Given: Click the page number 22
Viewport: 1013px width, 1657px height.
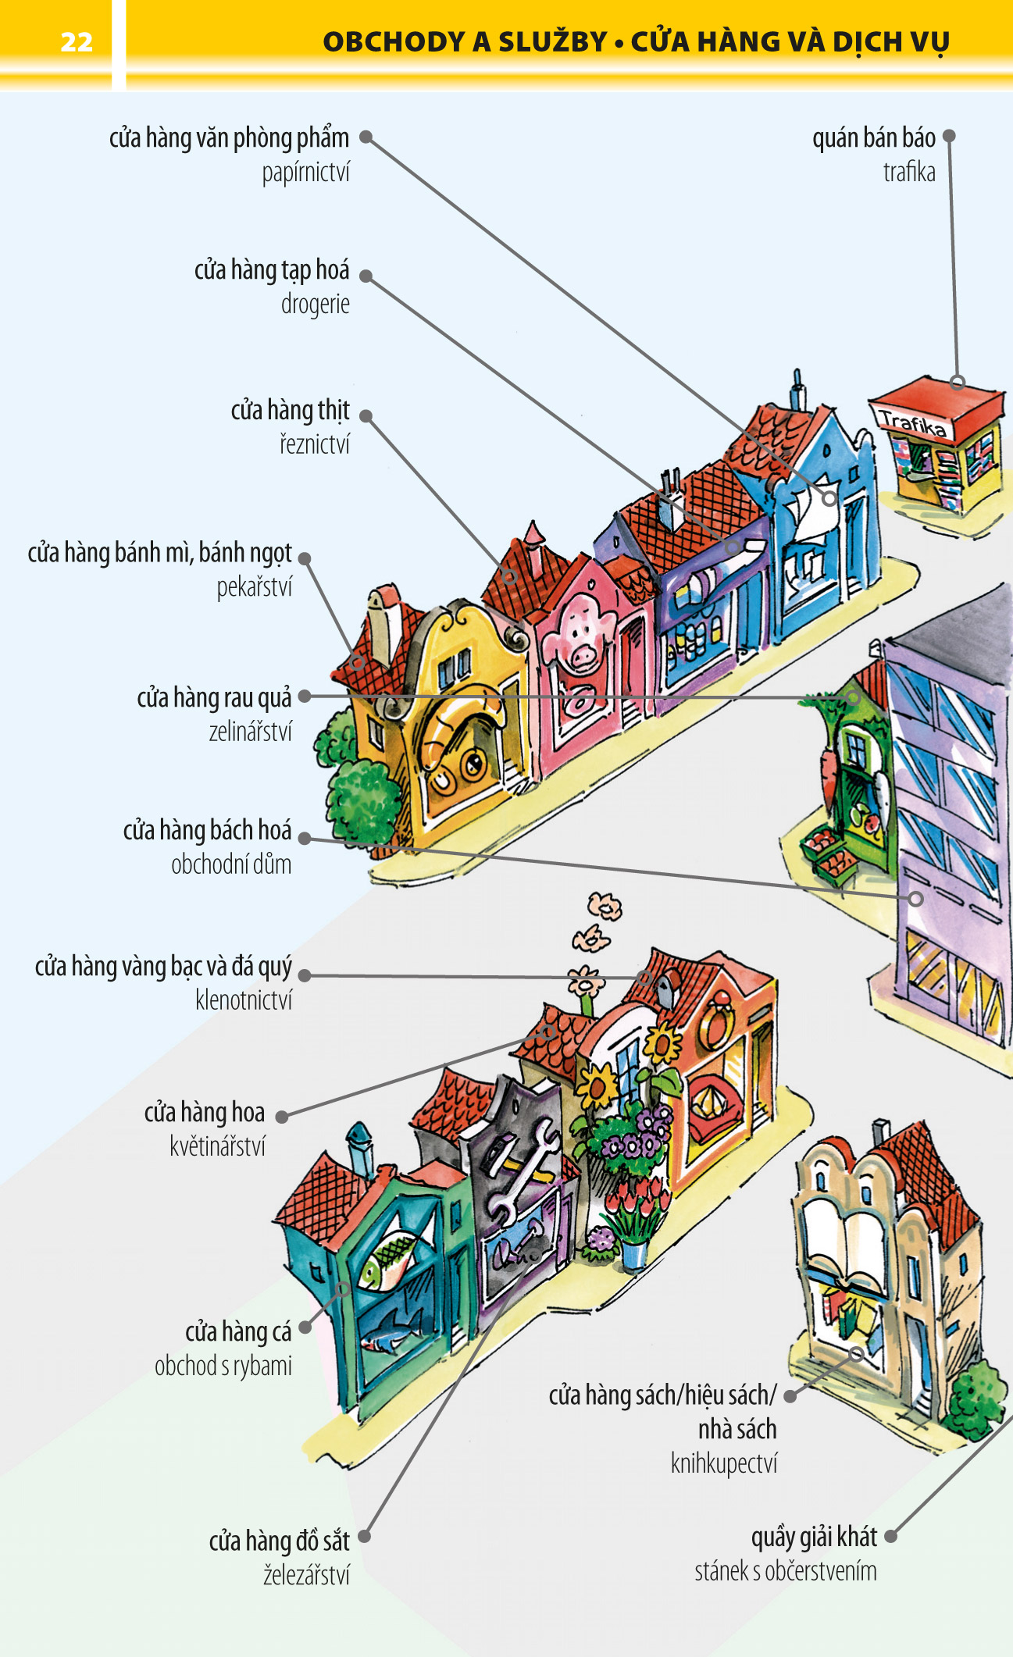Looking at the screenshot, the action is coord(77,41).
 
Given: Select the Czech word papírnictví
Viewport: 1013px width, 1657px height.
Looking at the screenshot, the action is coord(305,173).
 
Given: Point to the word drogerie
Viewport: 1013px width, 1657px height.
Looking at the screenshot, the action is coord(315,304).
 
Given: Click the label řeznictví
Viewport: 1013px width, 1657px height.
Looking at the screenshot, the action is coord(315,444).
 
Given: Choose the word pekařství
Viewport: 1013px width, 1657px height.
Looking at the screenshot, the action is coord(254,586).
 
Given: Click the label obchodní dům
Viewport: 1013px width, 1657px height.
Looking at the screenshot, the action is coord(231,864).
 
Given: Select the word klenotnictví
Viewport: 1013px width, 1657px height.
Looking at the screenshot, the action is coord(244,1000).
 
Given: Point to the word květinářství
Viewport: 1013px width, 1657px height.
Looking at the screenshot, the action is coord(217,1146).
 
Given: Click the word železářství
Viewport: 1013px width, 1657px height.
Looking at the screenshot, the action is coord(306,1574).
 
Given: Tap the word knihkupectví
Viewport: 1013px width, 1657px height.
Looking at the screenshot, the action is coord(724,1463).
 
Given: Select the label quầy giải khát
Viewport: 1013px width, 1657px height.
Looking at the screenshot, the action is coord(814,1537).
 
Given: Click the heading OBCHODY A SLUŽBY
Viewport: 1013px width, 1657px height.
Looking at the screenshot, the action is coord(465,41).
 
